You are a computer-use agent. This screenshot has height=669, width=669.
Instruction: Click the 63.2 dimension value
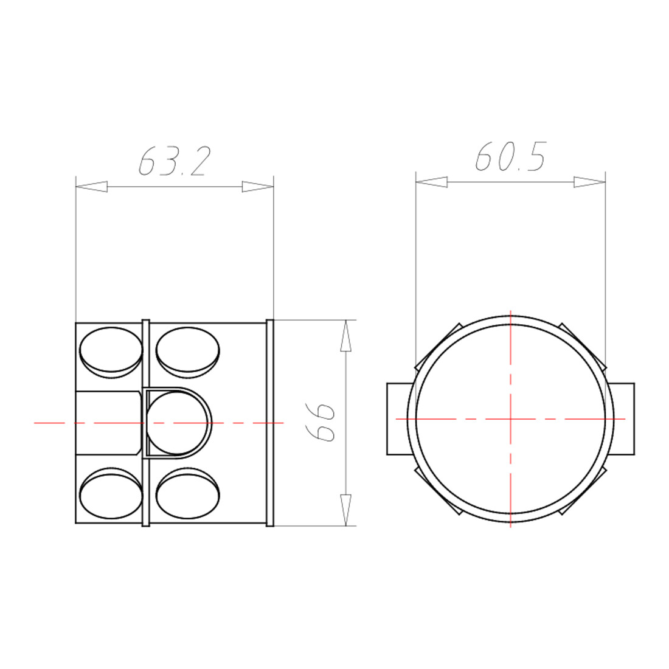point(175,162)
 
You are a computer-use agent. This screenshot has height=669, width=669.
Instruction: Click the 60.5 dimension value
point(511,156)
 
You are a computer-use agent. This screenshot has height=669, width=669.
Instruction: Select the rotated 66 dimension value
point(321,422)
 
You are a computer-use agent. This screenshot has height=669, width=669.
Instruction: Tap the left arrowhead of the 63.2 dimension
point(91,187)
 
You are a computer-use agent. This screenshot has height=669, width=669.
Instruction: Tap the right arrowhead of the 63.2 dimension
point(258,187)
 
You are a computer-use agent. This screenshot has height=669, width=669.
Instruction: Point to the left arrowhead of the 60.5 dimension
point(431,182)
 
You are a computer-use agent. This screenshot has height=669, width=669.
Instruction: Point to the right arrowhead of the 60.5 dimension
point(590,182)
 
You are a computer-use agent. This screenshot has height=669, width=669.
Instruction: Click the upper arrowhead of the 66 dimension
point(345,335)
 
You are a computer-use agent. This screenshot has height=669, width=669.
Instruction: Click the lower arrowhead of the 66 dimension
point(345,510)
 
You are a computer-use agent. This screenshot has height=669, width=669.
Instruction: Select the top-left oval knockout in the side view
point(111,352)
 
